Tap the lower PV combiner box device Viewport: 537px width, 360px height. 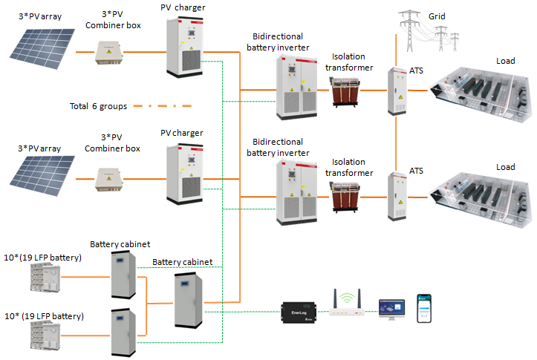(x=111, y=179)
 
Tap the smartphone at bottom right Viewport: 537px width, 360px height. (x=424, y=307)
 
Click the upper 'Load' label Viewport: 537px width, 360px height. (x=505, y=62)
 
